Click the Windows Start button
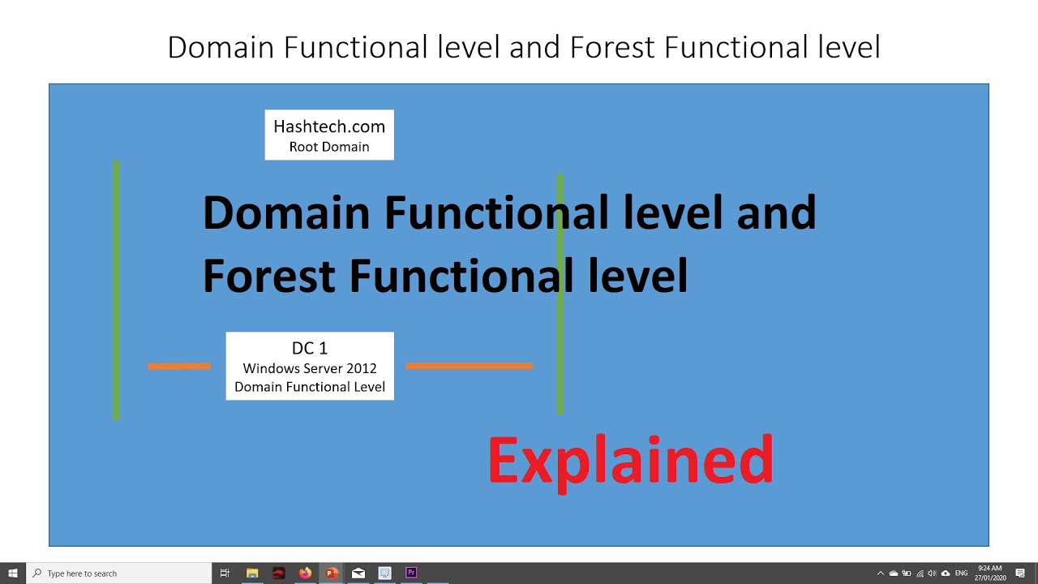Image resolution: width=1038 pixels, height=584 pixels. pos(12,573)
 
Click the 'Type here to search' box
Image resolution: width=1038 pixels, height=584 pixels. pos(118,573)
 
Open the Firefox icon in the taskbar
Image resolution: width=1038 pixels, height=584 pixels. pos(306,573)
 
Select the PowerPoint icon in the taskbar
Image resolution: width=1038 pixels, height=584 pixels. pos(332,573)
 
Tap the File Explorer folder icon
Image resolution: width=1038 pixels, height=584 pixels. pos(252,573)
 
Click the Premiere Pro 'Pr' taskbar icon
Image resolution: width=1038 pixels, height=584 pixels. pos(411,573)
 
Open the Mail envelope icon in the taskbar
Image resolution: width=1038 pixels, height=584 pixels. pos(358,573)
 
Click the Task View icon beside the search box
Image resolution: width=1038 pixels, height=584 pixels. pos(225,573)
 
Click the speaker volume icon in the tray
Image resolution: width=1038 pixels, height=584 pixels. pos(933,573)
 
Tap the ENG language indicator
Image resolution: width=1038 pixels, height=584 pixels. pos(962,573)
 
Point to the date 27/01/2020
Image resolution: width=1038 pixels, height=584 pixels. pos(990,578)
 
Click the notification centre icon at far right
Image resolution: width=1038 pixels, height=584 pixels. pos(1020,573)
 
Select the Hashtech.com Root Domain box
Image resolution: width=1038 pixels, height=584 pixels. pos(329,135)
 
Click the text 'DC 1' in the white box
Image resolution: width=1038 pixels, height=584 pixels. pos(310,348)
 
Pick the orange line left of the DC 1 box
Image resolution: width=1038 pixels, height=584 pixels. pos(179,366)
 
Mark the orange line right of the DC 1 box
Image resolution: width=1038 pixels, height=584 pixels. pos(470,366)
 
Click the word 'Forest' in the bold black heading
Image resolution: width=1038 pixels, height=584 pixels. pos(269,277)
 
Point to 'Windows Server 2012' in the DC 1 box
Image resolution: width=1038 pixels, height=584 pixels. pos(310,368)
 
